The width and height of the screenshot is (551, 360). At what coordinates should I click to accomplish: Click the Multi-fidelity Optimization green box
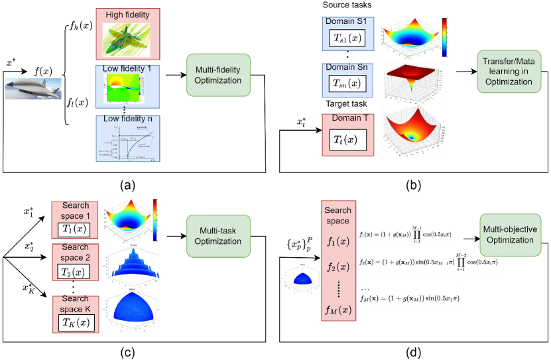(218, 74)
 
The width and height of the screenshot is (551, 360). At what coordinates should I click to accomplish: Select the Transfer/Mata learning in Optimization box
(509, 72)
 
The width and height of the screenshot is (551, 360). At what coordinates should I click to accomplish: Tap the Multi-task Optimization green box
(218, 236)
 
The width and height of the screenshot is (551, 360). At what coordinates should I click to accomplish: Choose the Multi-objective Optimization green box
(510, 234)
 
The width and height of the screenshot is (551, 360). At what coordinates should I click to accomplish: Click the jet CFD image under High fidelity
(127, 38)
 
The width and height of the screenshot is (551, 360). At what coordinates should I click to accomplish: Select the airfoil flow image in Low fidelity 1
(127, 88)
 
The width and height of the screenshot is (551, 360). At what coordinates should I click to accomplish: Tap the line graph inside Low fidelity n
(127, 142)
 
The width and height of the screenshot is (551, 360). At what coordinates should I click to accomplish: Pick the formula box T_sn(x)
(348, 83)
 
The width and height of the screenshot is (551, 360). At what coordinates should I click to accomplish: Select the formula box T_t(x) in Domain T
(348, 139)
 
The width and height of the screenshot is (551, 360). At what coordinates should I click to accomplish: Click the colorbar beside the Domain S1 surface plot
(444, 38)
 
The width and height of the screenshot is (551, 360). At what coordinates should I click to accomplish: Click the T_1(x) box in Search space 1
(76, 229)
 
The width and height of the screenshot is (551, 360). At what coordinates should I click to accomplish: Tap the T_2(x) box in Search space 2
(76, 272)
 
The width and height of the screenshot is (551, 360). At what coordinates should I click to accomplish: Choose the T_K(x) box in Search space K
(76, 322)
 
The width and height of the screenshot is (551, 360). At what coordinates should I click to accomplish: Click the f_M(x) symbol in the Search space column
(337, 310)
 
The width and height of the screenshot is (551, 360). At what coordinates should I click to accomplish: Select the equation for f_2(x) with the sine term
(428, 263)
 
